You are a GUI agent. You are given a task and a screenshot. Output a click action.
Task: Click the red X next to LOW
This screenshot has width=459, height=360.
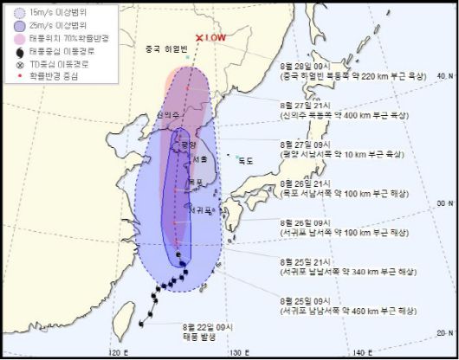(200, 38)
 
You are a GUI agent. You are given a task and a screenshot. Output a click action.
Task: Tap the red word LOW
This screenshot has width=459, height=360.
(217, 39)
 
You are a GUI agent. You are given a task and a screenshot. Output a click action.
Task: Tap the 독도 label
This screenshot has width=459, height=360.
(245, 159)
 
